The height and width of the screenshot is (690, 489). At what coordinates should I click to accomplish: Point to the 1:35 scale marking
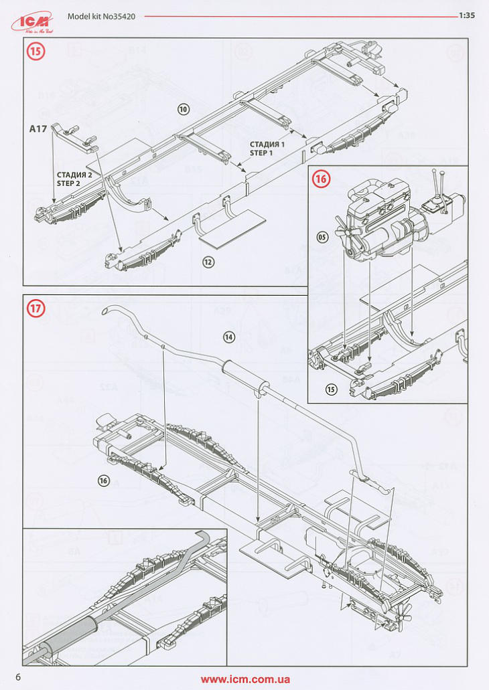tap(467, 16)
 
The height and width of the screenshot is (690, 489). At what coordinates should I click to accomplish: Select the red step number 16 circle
tap(322, 179)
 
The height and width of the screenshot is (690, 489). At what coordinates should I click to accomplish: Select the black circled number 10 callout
tap(184, 108)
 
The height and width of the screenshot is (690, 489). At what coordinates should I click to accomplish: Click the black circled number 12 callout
tap(208, 262)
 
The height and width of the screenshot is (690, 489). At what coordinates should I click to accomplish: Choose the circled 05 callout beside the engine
tap(323, 238)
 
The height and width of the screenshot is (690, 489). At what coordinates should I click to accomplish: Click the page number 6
tap(19, 677)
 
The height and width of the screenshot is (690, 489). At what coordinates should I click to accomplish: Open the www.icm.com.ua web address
tap(245, 679)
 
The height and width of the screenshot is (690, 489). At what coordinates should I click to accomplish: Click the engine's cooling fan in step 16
tap(348, 238)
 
